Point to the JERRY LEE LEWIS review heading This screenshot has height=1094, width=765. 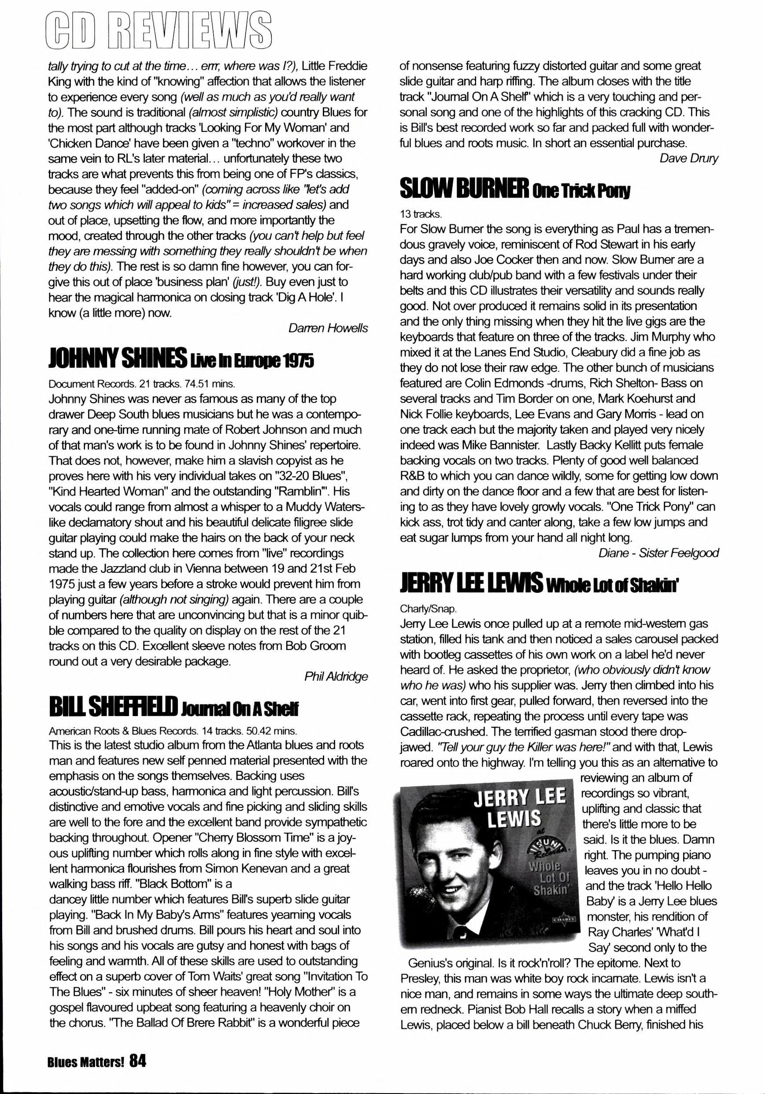[x=471, y=584]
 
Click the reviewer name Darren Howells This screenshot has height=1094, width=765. [x=328, y=329]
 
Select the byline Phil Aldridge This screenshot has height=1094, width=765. [x=336, y=676]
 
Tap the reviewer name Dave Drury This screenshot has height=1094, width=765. [x=688, y=158]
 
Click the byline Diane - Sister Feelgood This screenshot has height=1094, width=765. [x=658, y=553]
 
